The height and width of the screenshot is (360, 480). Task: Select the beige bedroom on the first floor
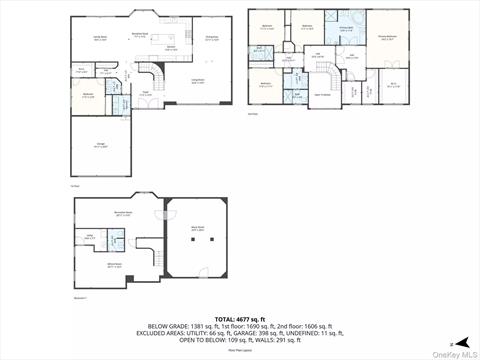88,97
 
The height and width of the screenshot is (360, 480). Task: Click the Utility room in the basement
89,238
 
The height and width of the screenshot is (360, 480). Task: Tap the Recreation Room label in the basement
123,213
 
